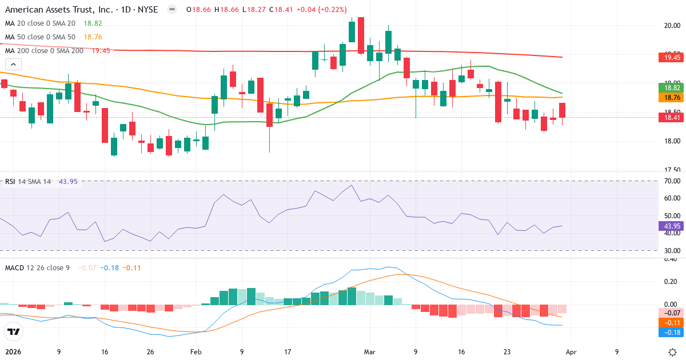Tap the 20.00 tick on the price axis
click(672, 25)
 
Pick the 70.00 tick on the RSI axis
click(672, 181)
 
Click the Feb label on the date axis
click(196, 351)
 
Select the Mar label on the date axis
click(369, 351)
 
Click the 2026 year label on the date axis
click(13, 351)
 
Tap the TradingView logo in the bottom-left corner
click(14, 331)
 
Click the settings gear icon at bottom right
click(673, 351)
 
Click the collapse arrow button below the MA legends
click(12, 65)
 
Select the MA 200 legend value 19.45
click(101, 51)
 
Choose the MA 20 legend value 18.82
click(93, 23)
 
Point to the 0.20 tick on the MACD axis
click(672, 282)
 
